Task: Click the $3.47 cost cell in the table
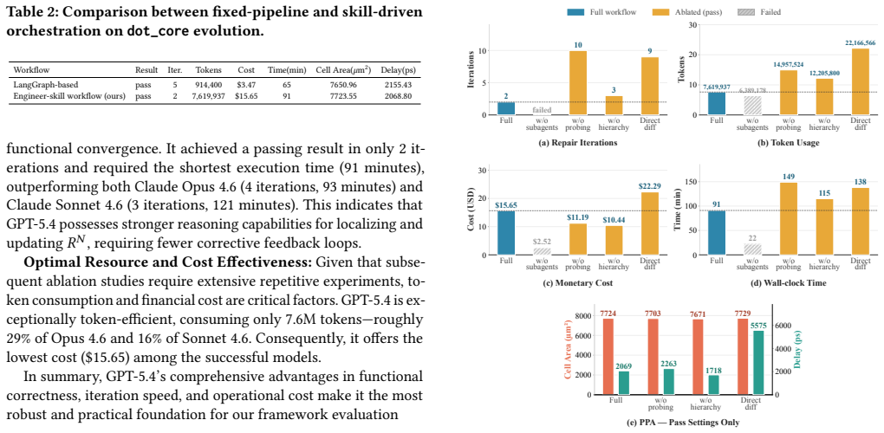click(246, 85)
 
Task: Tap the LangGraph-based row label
click(42, 85)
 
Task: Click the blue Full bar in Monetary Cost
click(506, 233)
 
